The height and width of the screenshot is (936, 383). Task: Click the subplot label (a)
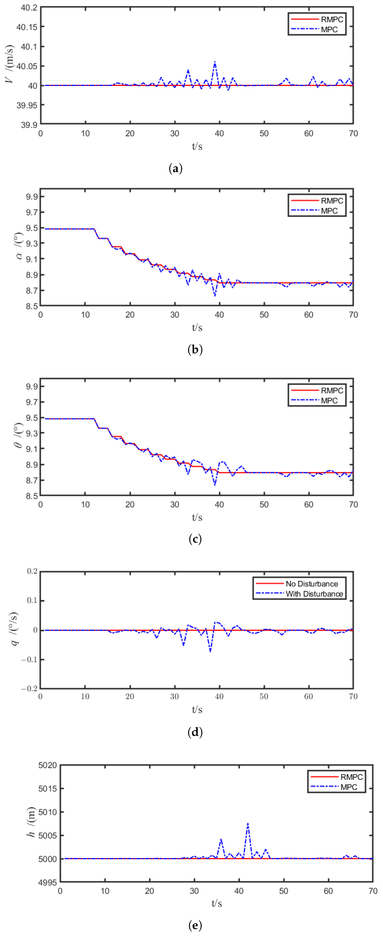(x=176, y=169)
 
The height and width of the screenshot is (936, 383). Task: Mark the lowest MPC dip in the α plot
(x=215, y=296)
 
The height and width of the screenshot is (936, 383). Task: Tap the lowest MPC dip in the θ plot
(x=215, y=485)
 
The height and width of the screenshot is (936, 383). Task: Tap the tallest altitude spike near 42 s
(x=248, y=823)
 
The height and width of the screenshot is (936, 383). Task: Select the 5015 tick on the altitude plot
(x=48, y=788)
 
